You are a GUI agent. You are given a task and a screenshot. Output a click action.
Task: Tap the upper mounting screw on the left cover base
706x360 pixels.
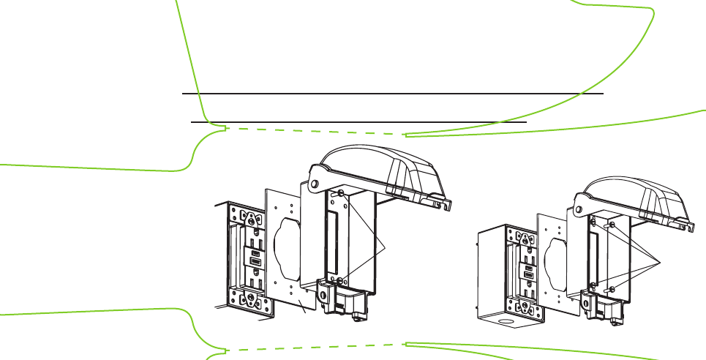(341, 193)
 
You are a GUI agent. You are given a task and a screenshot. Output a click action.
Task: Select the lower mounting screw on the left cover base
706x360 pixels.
(342, 280)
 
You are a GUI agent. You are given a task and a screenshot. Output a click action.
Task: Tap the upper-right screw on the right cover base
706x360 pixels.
(612, 225)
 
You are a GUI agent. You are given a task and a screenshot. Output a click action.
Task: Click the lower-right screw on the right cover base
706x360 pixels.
(612, 289)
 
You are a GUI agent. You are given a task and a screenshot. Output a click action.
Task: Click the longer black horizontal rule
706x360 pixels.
(392, 94)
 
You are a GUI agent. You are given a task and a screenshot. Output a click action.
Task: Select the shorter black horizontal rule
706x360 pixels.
(358, 122)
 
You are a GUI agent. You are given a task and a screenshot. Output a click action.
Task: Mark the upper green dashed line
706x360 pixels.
(315, 131)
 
